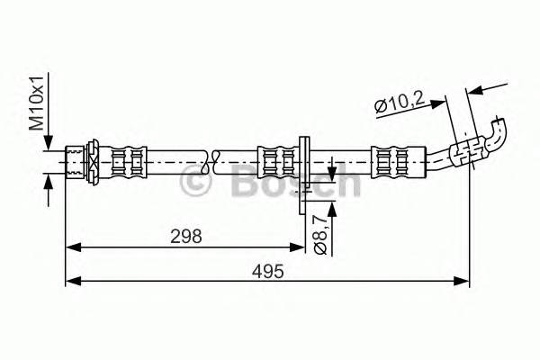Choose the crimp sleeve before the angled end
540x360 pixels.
coord(397,163)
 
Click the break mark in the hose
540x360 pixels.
coord(211,163)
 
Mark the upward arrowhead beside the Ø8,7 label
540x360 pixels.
coord(333,208)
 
